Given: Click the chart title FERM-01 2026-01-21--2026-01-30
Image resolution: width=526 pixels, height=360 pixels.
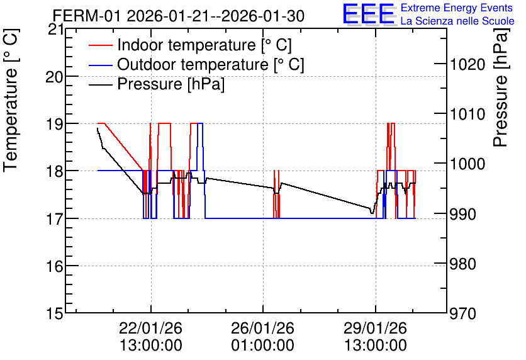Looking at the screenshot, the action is tap(179, 16).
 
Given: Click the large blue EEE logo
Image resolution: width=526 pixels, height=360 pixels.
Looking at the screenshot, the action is tap(368, 14).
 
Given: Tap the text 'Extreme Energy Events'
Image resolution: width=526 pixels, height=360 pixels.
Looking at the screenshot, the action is tap(457, 8).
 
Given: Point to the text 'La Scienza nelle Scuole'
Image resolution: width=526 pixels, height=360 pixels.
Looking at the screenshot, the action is tap(457, 21).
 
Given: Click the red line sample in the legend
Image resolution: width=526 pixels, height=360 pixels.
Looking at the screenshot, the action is tap(101, 45).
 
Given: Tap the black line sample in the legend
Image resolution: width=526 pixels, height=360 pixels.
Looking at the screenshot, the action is tap(101, 84).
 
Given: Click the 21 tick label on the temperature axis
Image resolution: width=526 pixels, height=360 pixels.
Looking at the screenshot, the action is tap(55, 30).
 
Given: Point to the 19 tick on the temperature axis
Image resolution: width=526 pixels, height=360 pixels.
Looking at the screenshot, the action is tap(54, 123).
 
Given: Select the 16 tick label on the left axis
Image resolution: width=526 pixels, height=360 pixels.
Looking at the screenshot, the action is tap(54, 266).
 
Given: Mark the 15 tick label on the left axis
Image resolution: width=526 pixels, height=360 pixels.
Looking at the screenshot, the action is tap(54, 313).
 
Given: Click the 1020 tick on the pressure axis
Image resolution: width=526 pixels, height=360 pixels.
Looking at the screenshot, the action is tap(467, 64).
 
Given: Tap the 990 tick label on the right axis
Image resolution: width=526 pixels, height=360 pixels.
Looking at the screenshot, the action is tap(463, 214).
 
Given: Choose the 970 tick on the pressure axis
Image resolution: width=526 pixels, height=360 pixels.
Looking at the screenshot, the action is tap(463, 313).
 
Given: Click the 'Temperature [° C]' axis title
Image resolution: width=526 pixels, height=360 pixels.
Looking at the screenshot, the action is tap(11, 101).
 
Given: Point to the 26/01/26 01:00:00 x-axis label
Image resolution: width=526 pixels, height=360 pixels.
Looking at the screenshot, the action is tap(262, 336).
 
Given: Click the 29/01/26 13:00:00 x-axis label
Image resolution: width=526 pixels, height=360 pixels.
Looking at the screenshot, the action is tap(376, 336).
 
